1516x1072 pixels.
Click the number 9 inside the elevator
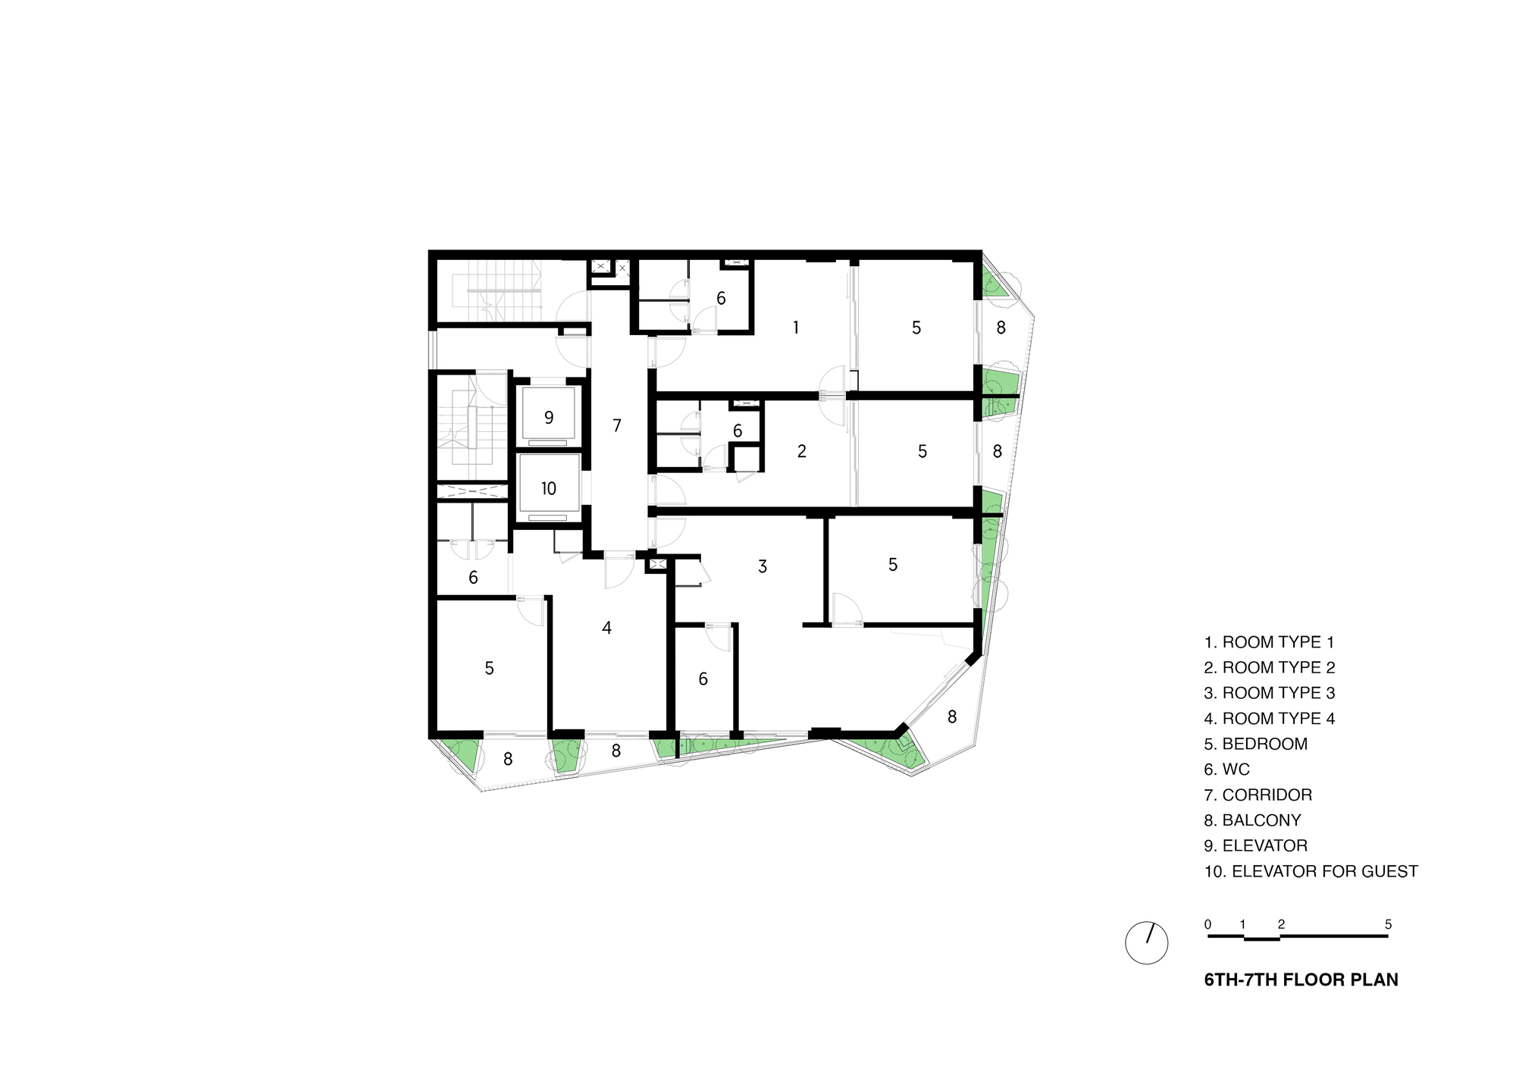(x=549, y=418)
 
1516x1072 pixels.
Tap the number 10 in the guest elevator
(x=549, y=489)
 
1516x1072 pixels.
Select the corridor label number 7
(x=617, y=426)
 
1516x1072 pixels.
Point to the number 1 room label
(x=795, y=328)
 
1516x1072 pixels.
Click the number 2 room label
(x=802, y=452)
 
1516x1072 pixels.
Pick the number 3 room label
(x=763, y=566)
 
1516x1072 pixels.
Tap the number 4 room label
(x=606, y=628)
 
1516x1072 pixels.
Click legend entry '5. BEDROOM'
(x=1256, y=744)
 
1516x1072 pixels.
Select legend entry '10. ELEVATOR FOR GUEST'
(x=1311, y=871)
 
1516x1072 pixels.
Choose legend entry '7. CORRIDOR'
(x=1258, y=795)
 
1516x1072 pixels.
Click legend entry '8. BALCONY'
(x=1253, y=820)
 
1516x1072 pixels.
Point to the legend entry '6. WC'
(x=1227, y=770)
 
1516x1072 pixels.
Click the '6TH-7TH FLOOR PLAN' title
(x=1301, y=980)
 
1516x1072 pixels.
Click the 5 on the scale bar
(x=1388, y=924)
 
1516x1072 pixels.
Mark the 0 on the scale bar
(x=1208, y=924)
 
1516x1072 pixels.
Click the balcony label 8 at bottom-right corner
(x=952, y=716)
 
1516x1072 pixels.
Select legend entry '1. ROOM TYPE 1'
(x=1270, y=642)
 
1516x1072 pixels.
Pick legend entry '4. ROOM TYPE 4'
(x=1270, y=718)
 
